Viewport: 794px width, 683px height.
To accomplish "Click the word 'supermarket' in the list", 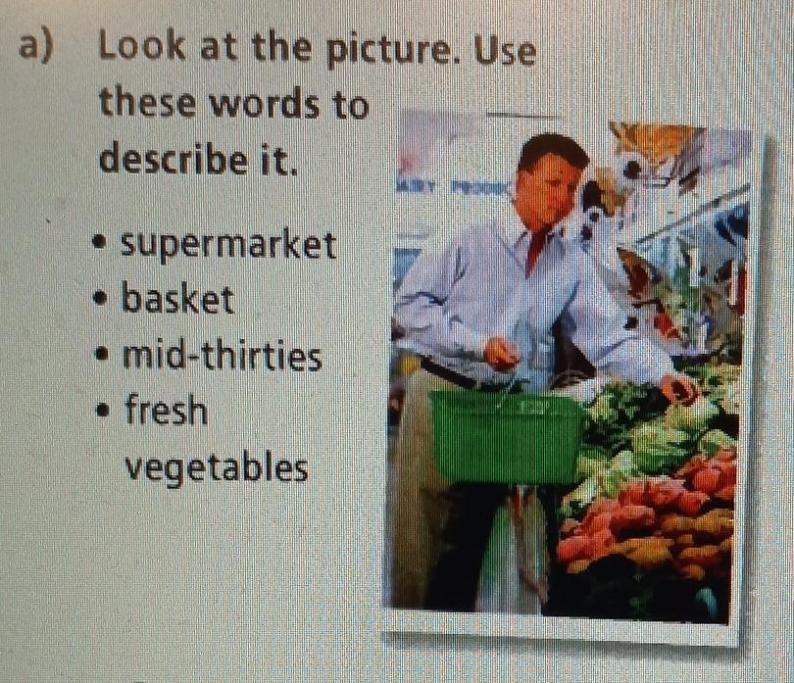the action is click(x=228, y=246).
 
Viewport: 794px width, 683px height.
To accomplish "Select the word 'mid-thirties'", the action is click(x=223, y=356).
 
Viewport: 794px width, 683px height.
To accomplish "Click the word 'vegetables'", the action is click(x=217, y=467).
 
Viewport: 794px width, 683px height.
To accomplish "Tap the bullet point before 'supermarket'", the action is click(x=100, y=241).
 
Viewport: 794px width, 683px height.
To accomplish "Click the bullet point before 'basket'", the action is click(x=101, y=297).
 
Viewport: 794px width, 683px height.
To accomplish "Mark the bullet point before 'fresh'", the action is click(x=103, y=408).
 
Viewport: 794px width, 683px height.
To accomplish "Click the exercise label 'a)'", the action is click(x=35, y=47).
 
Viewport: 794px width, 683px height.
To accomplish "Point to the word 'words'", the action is click(x=265, y=103).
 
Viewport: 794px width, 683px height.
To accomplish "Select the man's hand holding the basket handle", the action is click(x=501, y=353).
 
